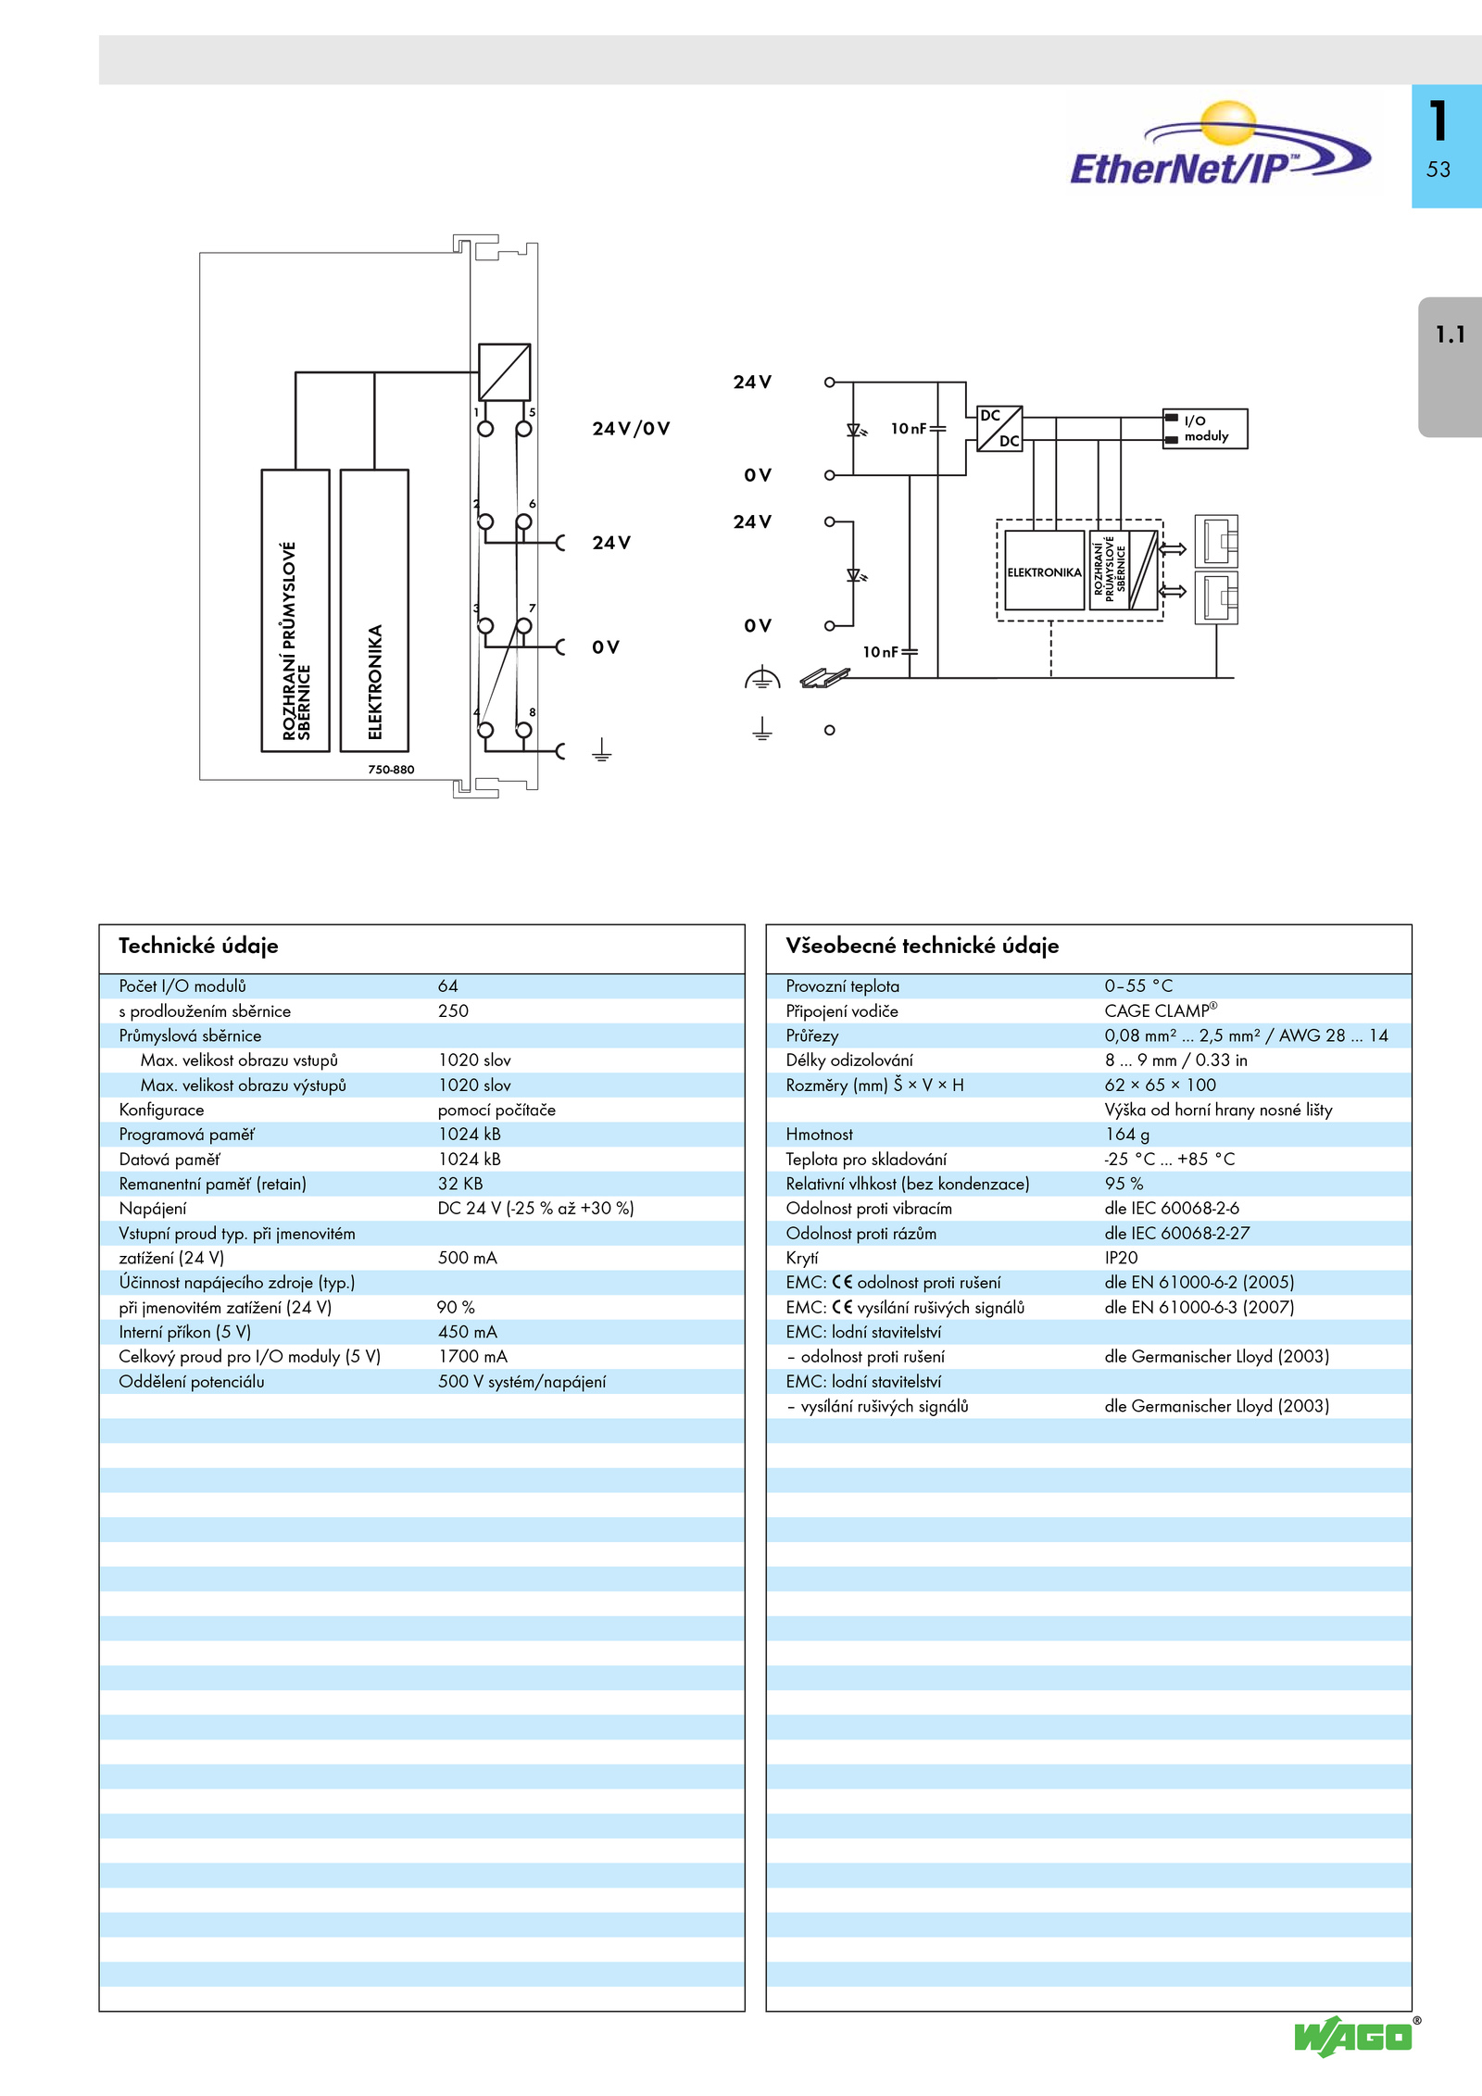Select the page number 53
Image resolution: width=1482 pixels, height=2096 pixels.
pos(1438,169)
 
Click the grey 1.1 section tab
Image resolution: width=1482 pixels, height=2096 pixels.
pos(1451,366)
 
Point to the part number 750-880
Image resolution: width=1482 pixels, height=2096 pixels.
pos(391,770)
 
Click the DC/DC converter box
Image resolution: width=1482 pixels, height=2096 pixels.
pos(999,429)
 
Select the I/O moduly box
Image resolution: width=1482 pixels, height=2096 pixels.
pos(1205,429)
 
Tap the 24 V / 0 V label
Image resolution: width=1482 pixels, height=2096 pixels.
pos(631,429)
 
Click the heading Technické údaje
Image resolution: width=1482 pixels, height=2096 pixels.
pos(198,946)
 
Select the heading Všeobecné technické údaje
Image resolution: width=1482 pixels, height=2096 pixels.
pos(922,946)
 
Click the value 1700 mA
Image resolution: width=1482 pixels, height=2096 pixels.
pos(472,1357)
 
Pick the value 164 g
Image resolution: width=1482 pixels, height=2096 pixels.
pos(1127,1135)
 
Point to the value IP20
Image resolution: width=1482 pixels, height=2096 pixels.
pos(1121,1258)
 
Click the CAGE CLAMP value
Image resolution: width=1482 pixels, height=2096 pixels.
pos(1161,1010)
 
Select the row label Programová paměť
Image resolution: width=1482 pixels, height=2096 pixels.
pos(186,1135)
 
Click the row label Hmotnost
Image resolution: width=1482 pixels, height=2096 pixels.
pos(819,1135)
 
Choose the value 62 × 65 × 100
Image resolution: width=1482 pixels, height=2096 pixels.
pos(1160,1085)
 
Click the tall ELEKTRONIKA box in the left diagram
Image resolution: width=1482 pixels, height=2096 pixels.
pos(374,610)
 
